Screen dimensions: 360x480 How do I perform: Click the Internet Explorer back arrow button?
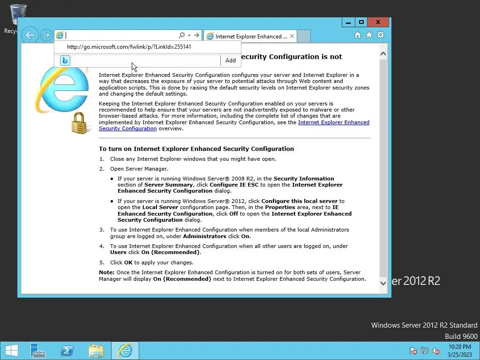pyautogui.click(x=30, y=35)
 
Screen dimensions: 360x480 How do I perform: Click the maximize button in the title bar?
pyautogui.click(x=361, y=22)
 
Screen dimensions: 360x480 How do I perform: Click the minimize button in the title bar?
pyautogui.click(x=348, y=22)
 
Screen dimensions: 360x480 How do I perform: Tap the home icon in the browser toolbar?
pyautogui.click(x=358, y=35)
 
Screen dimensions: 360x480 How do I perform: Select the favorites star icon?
pyautogui.click(x=369, y=35)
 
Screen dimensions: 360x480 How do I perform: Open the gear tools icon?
pyautogui.click(x=381, y=35)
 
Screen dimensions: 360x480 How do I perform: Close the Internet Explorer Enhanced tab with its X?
pyautogui.click(x=292, y=36)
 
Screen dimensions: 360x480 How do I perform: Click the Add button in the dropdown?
pyautogui.click(x=230, y=60)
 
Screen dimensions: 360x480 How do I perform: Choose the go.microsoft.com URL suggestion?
pyautogui.click(x=129, y=47)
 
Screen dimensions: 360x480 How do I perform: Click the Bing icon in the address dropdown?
pyautogui.click(x=65, y=60)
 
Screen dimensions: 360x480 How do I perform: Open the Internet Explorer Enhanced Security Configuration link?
pyautogui.click(x=333, y=122)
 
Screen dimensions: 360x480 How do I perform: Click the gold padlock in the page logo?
pyautogui.click(x=79, y=123)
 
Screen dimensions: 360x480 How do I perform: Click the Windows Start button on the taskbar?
pyautogui.click(x=11, y=351)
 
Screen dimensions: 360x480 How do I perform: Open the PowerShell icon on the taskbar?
pyautogui.click(x=67, y=351)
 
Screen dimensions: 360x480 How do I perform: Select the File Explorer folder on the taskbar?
pyautogui.click(x=96, y=351)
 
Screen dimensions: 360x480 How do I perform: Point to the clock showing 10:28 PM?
pyautogui.click(x=459, y=350)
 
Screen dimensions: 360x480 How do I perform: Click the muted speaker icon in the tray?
pyautogui.click(x=436, y=351)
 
